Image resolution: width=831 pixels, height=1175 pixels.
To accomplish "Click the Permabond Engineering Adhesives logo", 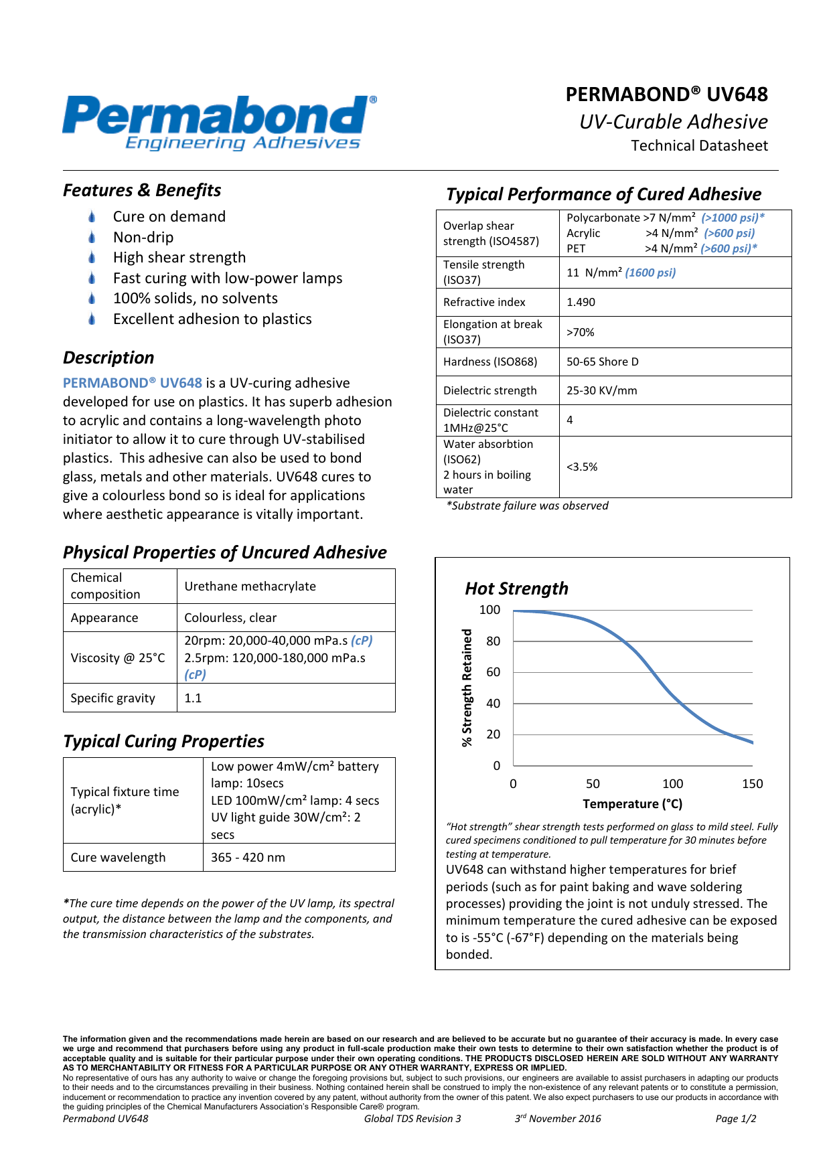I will [x=220, y=123].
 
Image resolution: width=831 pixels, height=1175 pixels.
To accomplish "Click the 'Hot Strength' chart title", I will [x=516, y=589].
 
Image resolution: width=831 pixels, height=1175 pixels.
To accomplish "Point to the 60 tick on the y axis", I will [x=493, y=672].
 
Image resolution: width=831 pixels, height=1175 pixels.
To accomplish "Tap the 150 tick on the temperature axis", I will [x=752, y=784].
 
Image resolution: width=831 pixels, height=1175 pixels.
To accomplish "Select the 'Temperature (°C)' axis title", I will [x=632, y=804].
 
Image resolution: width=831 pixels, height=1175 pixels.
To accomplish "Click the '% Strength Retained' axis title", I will [x=467, y=688].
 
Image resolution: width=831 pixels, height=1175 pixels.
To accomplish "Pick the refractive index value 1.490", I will [x=581, y=302].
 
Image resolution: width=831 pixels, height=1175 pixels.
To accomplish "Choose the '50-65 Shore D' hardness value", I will [x=602, y=362].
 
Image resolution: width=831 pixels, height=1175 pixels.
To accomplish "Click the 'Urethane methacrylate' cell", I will [x=250, y=586].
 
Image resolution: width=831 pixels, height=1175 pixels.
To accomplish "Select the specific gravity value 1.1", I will [x=193, y=698].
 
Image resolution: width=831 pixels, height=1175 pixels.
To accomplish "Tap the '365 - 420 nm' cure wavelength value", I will [x=248, y=858].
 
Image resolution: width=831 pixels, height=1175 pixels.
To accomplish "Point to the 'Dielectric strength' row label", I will [x=489, y=390].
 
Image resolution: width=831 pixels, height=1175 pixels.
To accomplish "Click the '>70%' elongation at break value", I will [x=580, y=332].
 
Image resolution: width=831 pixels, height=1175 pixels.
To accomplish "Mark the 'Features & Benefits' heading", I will [x=142, y=191].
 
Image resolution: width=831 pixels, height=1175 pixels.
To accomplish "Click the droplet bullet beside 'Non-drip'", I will [x=92, y=238].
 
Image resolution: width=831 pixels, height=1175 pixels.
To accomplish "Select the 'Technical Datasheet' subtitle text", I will [x=699, y=146].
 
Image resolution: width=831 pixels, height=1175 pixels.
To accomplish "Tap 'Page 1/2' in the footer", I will [x=735, y=1119].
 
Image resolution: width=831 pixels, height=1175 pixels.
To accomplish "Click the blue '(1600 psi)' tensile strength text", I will [x=650, y=272].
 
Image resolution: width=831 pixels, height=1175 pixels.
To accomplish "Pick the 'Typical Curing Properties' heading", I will [x=163, y=741].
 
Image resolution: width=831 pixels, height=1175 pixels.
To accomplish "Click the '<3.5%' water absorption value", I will [x=581, y=467].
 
